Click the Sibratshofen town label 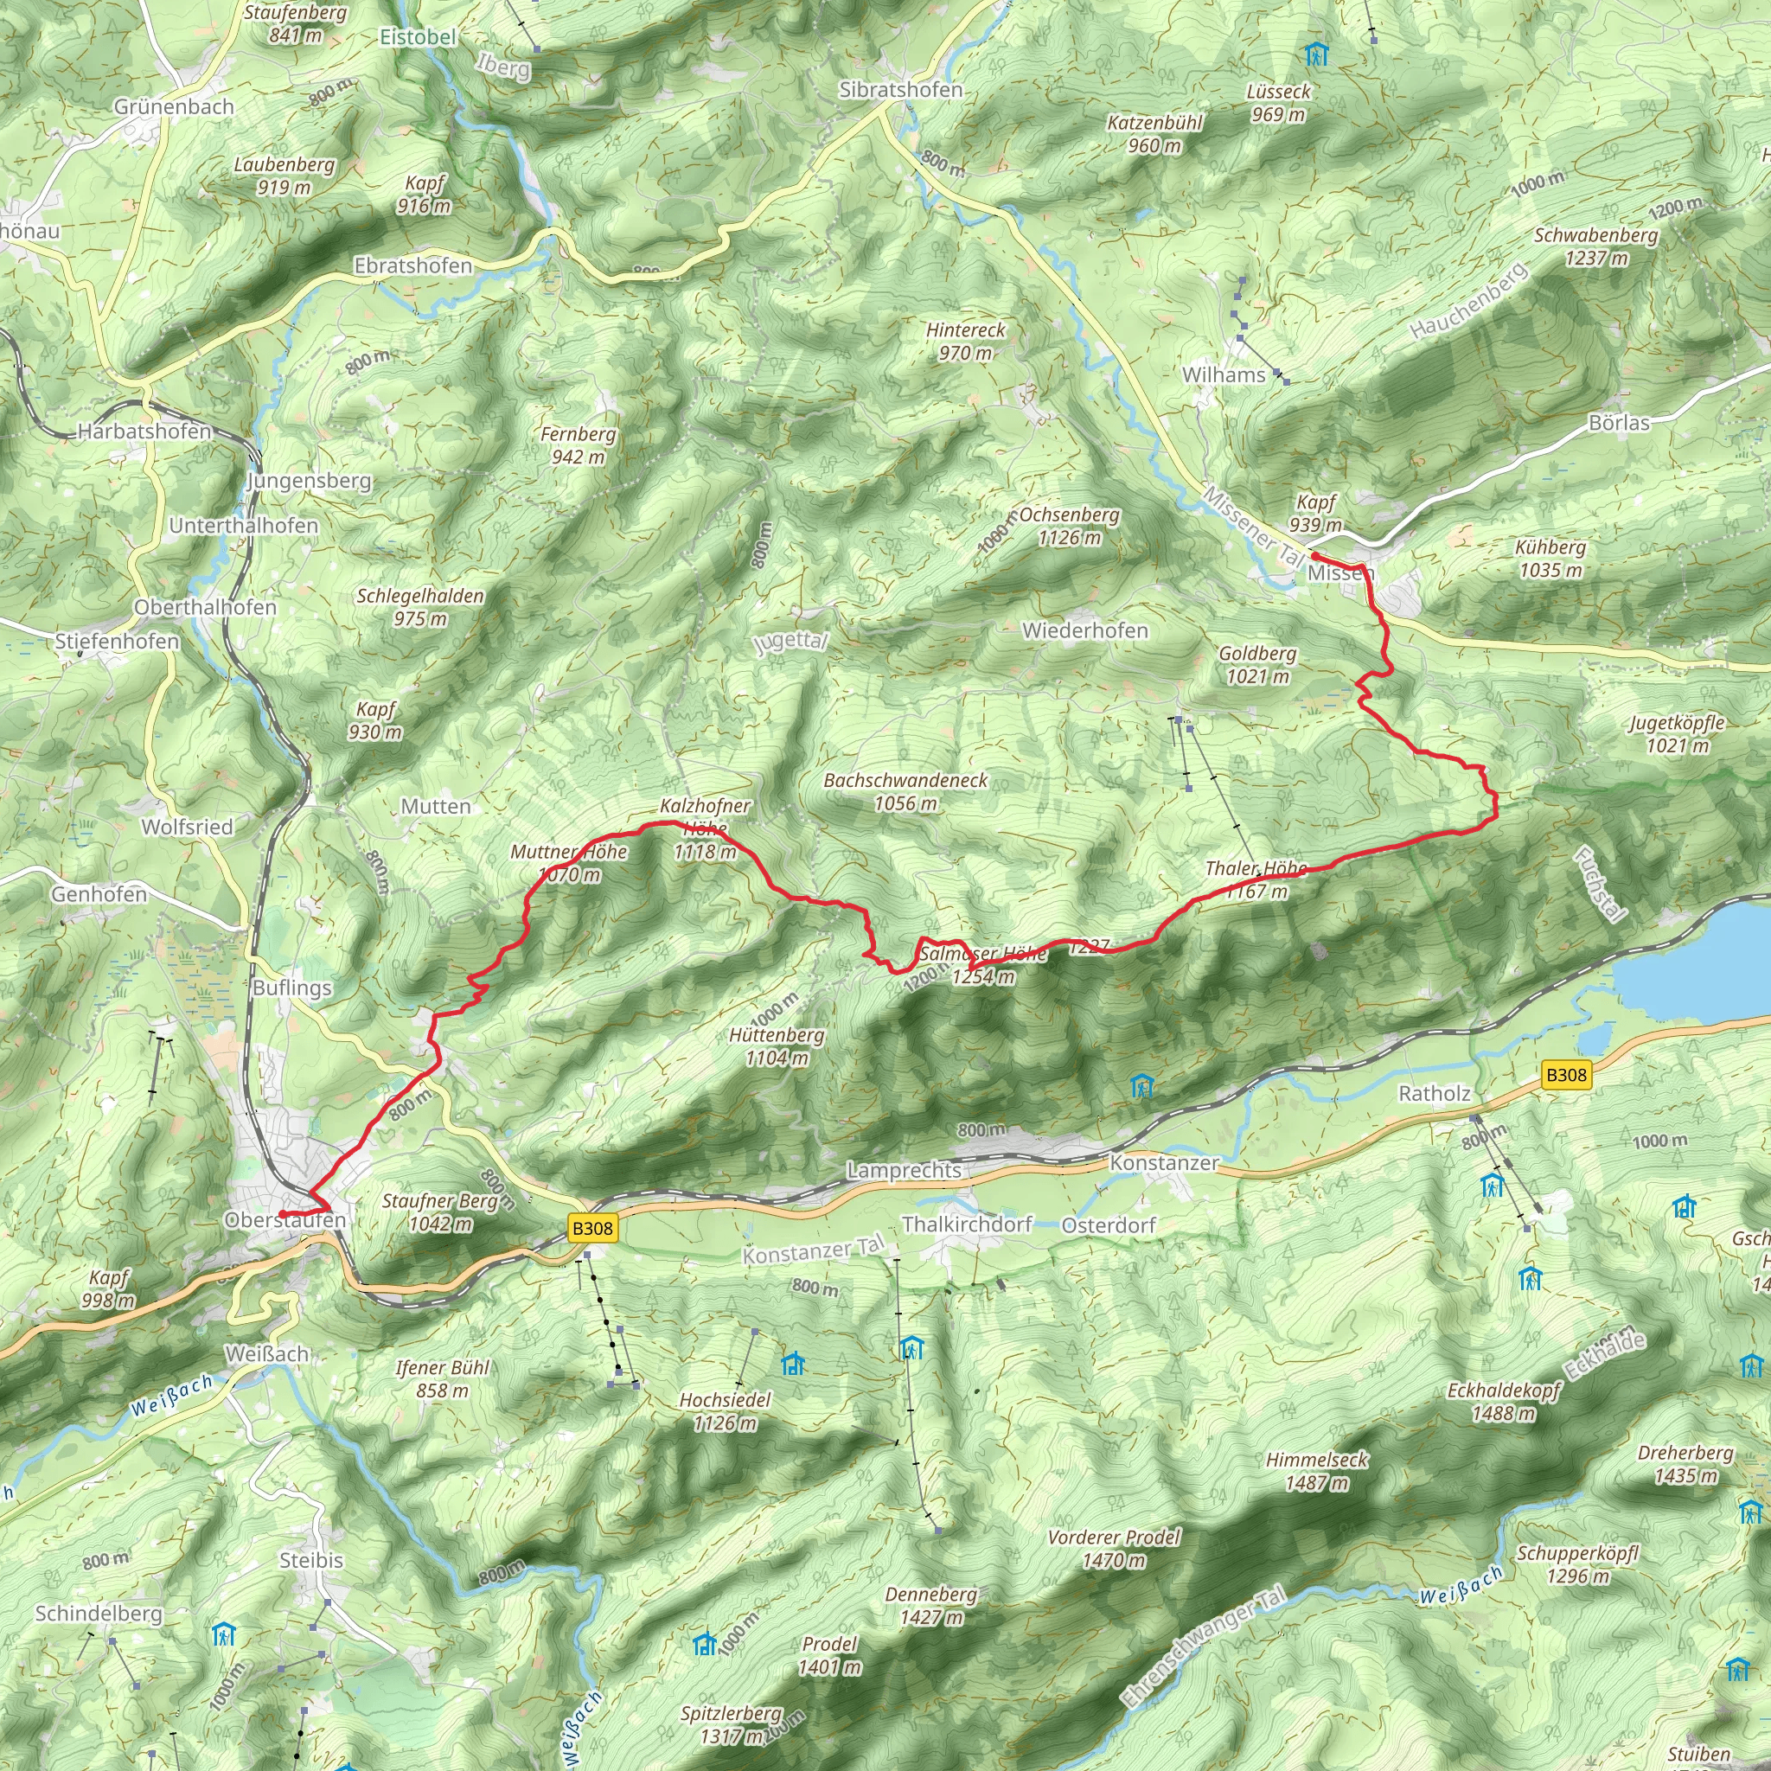pyautogui.click(x=901, y=90)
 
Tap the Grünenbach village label pyautogui.click(x=174, y=106)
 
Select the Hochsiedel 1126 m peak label pyautogui.click(x=725, y=1410)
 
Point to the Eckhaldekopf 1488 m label pyautogui.click(x=1503, y=1402)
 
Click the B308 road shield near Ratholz pyautogui.click(x=1566, y=1075)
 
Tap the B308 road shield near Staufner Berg pyautogui.click(x=591, y=1228)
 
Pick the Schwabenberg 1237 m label pyautogui.click(x=1596, y=246)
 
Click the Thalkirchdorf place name pyautogui.click(x=967, y=1224)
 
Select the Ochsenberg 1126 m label pyautogui.click(x=1069, y=526)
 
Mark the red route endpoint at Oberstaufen pyautogui.click(x=282, y=1215)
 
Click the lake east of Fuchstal pyautogui.click(x=1696, y=962)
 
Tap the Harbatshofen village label pyautogui.click(x=144, y=431)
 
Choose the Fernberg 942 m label pyautogui.click(x=579, y=444)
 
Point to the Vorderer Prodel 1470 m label pyautogui.click(x=1114, y=1548)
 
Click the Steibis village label pyautogui.click(x=311, y=1560)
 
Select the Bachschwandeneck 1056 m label pyautogui.click(x=905, y=791)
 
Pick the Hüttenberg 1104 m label pyautogui.click(x=777, y=1046)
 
